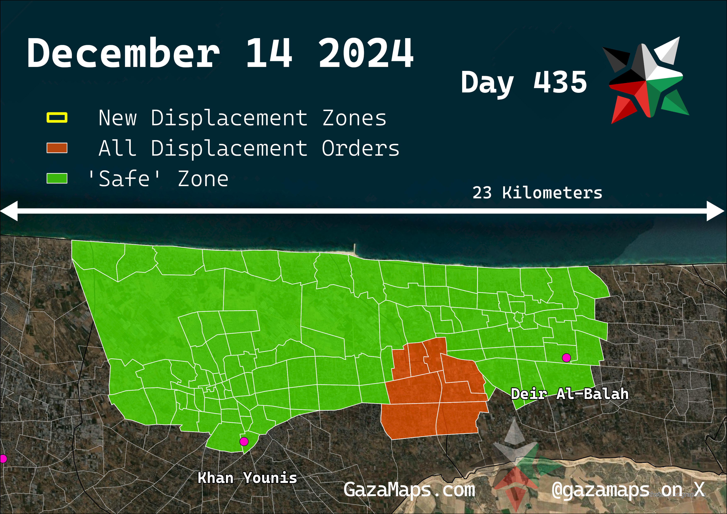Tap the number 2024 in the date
[366, 53]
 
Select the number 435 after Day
[560, 82]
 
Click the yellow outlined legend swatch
[57, 118]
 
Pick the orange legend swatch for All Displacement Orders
[57, 148]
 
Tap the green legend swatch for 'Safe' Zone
[57, 178]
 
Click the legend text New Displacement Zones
[242, 118]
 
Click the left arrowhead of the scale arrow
[9, 211]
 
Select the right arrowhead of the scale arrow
[716, 211]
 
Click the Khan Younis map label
[247, 478]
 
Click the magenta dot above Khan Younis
[244, 441]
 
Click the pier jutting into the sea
[354, 250]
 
